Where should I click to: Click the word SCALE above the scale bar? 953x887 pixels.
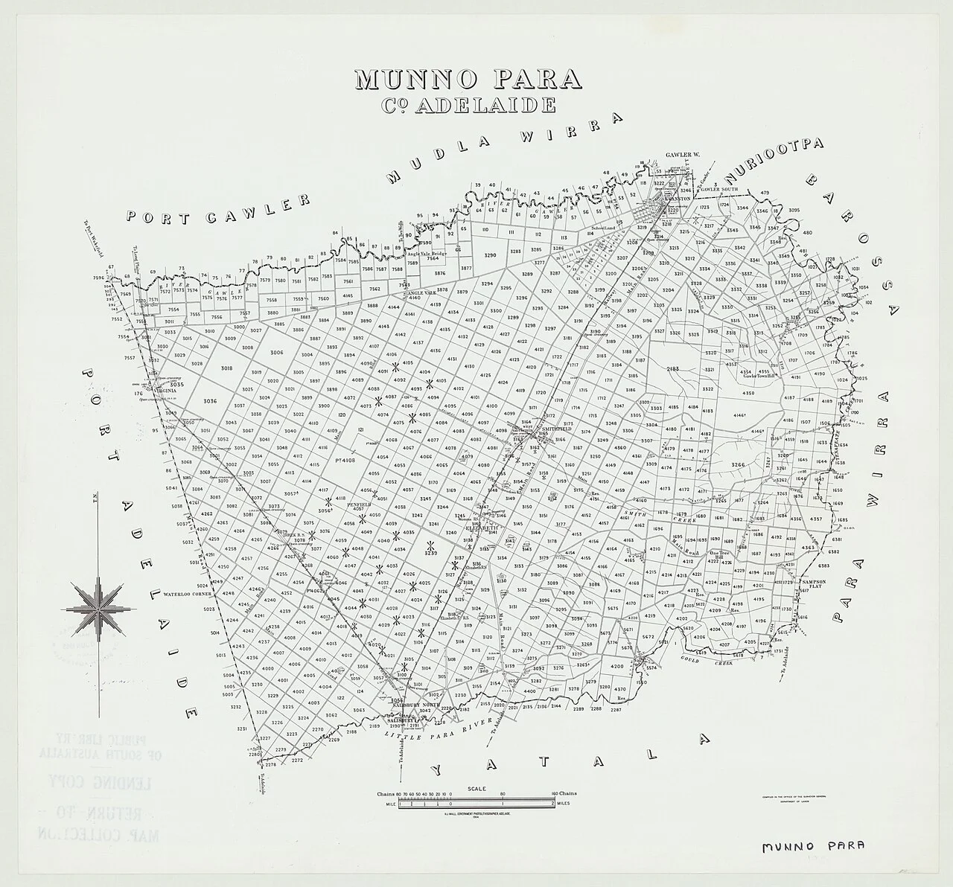tap(477, 788)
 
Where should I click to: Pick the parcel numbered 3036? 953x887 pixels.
tap(209, 401)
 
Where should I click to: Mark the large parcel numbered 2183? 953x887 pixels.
tap(673, 369)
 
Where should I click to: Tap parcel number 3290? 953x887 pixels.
tap(489, 255)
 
